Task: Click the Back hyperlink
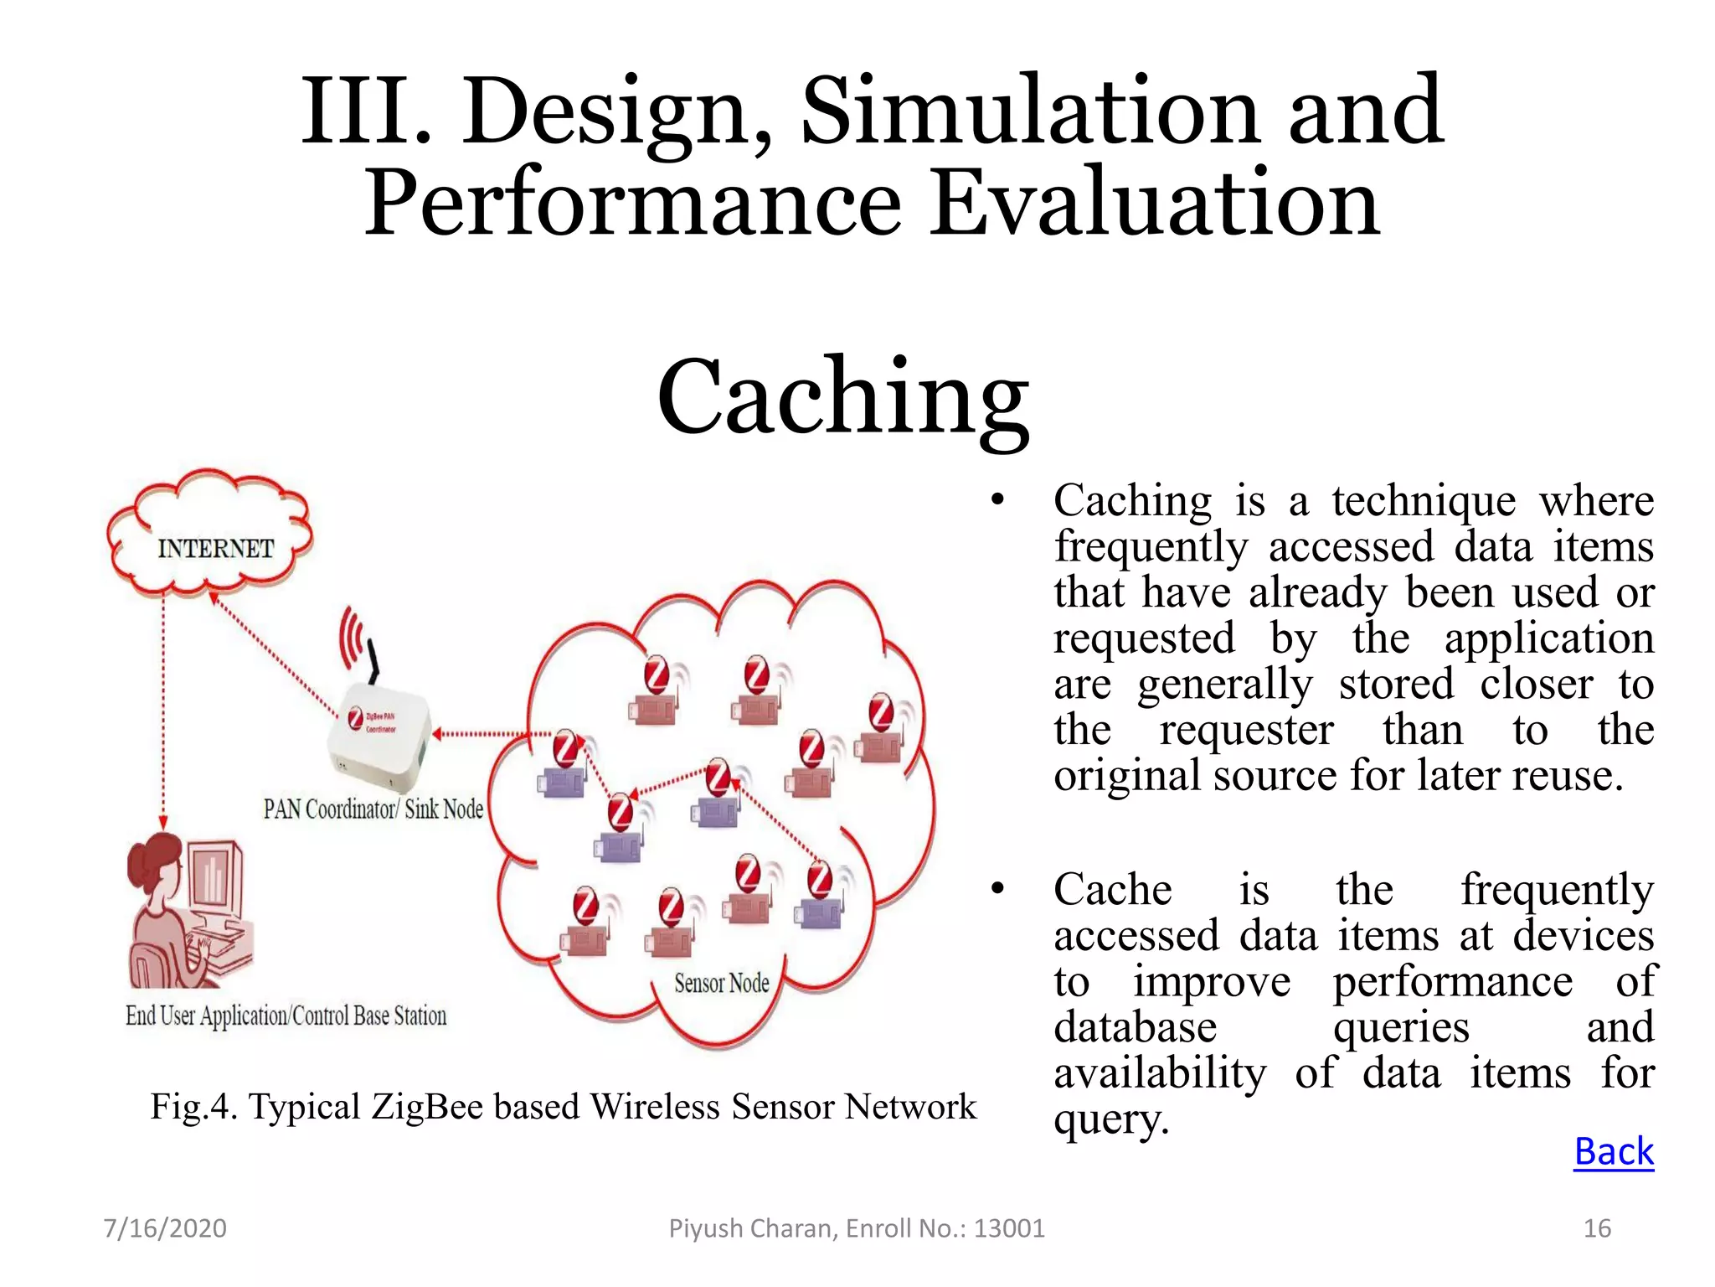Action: click(x=1613, y=1151)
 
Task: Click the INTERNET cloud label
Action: click(x=215, y=548)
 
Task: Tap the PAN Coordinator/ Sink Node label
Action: click(x=373, y=809)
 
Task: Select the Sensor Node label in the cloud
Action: click(x=721, y=983)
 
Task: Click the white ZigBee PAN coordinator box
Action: click(x=378, y=737)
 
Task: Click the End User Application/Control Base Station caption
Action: click(x=286, y=1016)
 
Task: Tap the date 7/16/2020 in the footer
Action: click(x=164, y=1228)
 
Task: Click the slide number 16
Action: click(x=1597, y=1228)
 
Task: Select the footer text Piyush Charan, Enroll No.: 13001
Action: click(x=856, y=1228)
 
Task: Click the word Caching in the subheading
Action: click(x=842, y=395)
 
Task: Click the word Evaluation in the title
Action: click(x=1155, y=204)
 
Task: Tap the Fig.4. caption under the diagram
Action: click(x=563, y=1106)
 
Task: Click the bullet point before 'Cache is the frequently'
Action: click(x=997, y=890)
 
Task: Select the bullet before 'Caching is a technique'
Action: click(x=997, y=501)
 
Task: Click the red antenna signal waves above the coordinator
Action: click(x=351, y=637)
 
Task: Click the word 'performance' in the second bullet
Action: click(x=1452, y=982)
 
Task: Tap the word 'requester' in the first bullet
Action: click(x=1246, y=730)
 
